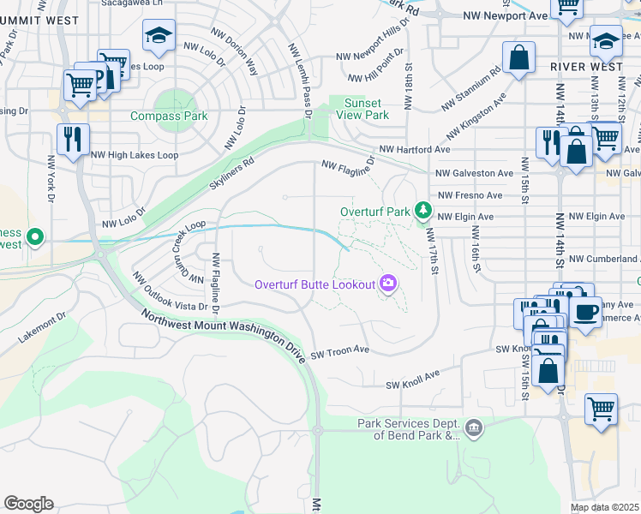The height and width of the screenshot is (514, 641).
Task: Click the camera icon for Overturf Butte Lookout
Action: pyautogui.click(x=389, y=284)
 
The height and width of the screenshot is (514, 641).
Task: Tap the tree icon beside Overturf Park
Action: pyautogui.click(x=422, y=210)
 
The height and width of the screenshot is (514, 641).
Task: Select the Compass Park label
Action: pyautogui.click(x=169, y=116)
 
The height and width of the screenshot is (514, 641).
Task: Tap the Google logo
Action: pyautogui.click(x=28, y=504)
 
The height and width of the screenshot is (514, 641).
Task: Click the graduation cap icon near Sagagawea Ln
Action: pyautogui.click(x=159, y=35)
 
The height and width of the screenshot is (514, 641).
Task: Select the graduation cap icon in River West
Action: pyautogui.click(x=606, y=40)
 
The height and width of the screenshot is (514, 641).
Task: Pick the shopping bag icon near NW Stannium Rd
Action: pyautogui.click(x=518, y=57)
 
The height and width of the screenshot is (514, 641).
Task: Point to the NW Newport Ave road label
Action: pyautogui.click(x=504, y=15)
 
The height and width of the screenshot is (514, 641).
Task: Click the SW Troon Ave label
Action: pyautogui.click(x=339, y=351)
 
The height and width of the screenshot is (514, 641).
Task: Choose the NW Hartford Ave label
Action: pyautogui.click(x=415, y=149)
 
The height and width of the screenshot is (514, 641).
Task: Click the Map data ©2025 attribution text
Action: pyautogui.click(x=605, y=507)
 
